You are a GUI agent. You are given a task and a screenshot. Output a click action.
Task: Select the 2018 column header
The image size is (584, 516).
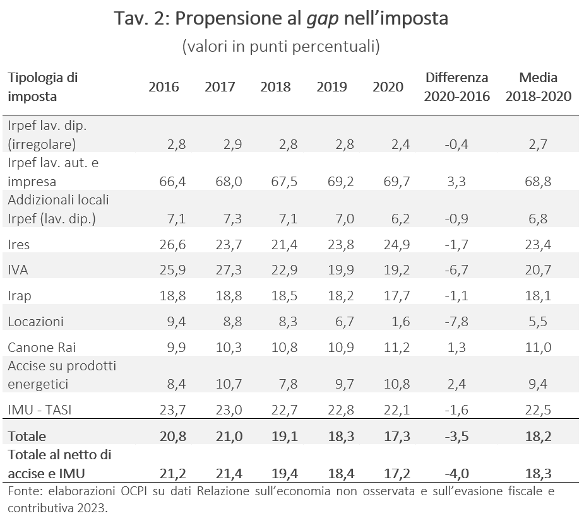[275, 87]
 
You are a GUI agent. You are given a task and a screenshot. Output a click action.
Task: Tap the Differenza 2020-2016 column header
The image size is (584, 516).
[456, 87]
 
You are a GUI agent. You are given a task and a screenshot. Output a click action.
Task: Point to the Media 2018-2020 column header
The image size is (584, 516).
[538, 87]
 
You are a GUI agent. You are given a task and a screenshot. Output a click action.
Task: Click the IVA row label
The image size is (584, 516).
[18, 270]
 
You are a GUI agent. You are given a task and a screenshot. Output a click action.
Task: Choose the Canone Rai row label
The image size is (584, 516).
[42, 348]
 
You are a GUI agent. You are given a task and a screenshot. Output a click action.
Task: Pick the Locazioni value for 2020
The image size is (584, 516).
[401, 322]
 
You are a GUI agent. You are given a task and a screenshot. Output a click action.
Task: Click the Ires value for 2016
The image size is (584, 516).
[172, 244]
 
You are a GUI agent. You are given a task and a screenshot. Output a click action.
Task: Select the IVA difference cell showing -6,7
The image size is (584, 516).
[456, 270]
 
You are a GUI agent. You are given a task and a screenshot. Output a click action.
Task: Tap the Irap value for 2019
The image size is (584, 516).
[341, 296]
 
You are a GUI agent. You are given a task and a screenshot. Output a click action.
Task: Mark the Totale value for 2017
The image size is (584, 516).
[229, 436]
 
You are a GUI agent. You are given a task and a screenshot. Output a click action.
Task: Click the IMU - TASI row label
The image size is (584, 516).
[40, 410]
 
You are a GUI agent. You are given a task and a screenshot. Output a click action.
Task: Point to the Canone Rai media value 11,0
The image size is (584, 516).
[538, 348]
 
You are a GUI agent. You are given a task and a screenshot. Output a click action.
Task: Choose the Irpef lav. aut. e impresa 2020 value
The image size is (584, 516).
[397, 182]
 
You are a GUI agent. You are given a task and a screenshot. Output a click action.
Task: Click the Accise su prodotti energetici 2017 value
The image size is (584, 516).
[229, 384]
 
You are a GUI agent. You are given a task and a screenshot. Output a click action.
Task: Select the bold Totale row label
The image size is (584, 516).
[27, 436]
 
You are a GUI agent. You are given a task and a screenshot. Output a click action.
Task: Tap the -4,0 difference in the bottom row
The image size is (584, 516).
[456, 474]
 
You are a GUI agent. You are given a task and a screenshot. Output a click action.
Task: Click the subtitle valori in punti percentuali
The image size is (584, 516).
[281, 47]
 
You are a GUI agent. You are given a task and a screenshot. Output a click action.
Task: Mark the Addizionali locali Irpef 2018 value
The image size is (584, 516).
[289, 219]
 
